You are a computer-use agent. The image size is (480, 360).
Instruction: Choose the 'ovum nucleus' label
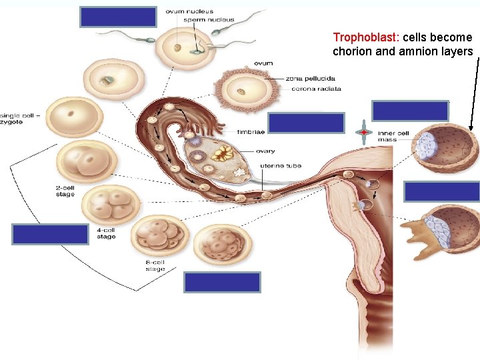189,11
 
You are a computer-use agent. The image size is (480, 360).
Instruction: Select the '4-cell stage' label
106,233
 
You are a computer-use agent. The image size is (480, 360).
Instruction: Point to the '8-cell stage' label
155,265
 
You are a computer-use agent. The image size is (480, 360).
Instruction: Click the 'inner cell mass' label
393,135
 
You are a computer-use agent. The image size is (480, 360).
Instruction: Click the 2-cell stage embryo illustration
87,161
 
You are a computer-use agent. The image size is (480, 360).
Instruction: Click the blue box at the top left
118,17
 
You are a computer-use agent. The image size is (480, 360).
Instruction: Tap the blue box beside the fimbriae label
306,123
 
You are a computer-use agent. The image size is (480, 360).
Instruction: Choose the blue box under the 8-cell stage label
222,283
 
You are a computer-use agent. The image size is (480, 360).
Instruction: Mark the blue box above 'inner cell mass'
410,111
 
